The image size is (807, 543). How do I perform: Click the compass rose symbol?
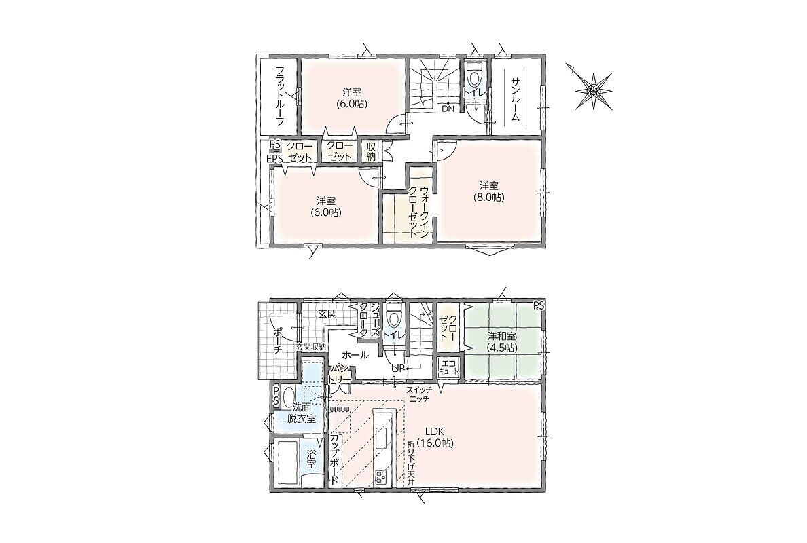(x=593, y=91)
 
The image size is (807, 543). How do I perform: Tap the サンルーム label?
(x=516, y=99)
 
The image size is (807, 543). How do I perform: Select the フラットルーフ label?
(x=280, y=96)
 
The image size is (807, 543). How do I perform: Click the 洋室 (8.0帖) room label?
(x=489, y=191)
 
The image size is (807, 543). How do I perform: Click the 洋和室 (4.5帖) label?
(x=502, y=343)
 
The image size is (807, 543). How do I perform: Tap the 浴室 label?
(x=311, y=460)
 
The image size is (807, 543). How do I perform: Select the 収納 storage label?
(x=371, y=151)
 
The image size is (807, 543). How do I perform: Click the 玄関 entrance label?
(x=327, y=314)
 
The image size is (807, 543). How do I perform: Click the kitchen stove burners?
(x=381, y=477)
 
